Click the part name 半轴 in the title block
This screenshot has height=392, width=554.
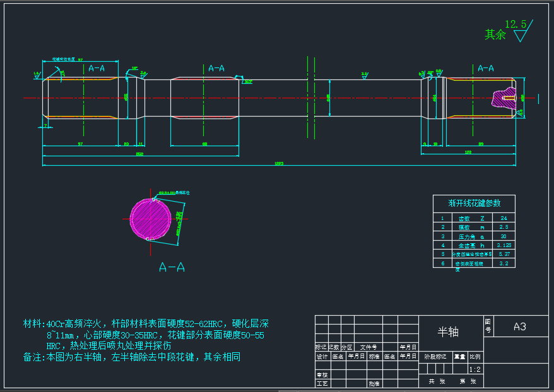(448, 332)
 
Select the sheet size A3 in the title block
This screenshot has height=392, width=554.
(519, 326)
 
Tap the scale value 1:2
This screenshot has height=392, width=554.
(474, 369)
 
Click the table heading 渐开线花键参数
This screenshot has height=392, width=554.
(474, 203)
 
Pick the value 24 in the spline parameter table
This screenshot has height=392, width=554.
(503, 217)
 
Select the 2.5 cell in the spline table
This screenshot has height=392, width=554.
(503, 227)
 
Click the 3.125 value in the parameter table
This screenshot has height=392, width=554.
(503, 245)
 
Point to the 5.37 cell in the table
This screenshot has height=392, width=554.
(503, 254)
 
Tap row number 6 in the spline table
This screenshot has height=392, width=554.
(442, 263)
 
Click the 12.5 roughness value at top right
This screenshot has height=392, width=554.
(516, 24)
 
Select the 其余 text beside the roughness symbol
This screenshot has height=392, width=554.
(495, 35)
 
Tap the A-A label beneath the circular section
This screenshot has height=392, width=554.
(172, 267)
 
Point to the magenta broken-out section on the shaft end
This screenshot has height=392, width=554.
(503, 98)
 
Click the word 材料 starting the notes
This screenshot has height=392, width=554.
(32, 324)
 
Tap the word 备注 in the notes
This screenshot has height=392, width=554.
(32, 357)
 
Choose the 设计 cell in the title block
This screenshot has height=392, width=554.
(322, 357)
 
